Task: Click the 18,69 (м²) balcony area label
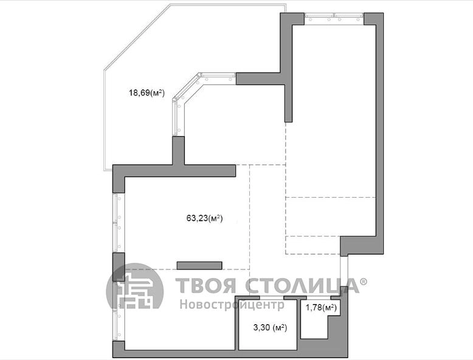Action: pos(147,92)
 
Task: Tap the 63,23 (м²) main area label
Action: pos(204,218)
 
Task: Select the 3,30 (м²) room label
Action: pos(271,327)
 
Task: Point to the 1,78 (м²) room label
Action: pos(321,308)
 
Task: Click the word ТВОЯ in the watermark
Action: pos(205,285)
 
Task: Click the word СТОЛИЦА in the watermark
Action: pos(302,285)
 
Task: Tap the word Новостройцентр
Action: pos(232,304)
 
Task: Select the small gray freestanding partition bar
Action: pos(199,266)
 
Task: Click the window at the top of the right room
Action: pos(334,19)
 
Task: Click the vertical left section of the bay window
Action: pos(178,118)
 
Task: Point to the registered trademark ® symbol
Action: pos(364,282)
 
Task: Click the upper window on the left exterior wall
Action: pos(119,223)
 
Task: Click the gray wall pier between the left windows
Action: pos(119,267)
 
